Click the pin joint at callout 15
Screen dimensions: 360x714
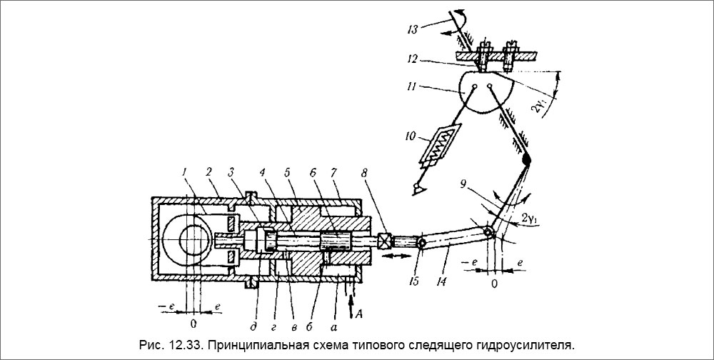point(421,243)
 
